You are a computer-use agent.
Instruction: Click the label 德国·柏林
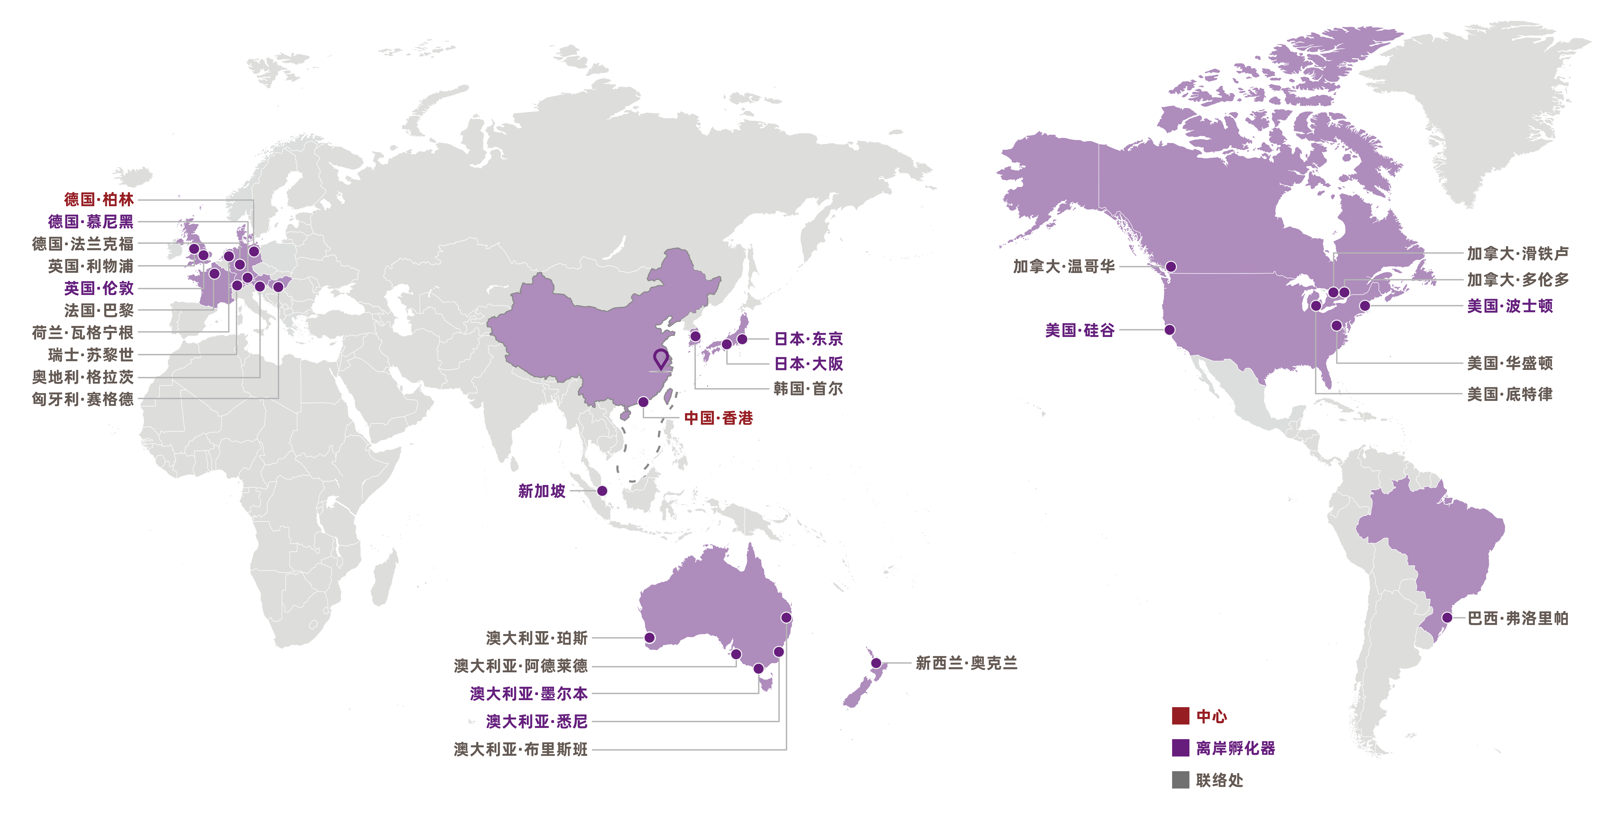(x=99, y=200)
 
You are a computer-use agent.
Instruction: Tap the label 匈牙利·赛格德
(x=83, y=400)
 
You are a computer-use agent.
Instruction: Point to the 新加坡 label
(x=541, y=491)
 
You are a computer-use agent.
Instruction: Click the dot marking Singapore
(x=602, y=491)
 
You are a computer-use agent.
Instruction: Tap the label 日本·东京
(x=808, y=339)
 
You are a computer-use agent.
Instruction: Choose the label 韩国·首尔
(x=808, y=389)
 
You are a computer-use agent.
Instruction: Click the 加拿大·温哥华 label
(x=1064, y=267)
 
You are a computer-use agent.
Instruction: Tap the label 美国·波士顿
(x=1510, y=306)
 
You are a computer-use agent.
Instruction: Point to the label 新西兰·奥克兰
(x=966, y=663)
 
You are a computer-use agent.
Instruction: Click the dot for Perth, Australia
(x=649, y=638)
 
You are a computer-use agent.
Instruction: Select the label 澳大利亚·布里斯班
(x=521, y=750)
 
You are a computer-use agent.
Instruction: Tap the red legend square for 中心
(x=1180, y=716)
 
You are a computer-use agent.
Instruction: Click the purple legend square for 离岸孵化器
(x=1180, y=748)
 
